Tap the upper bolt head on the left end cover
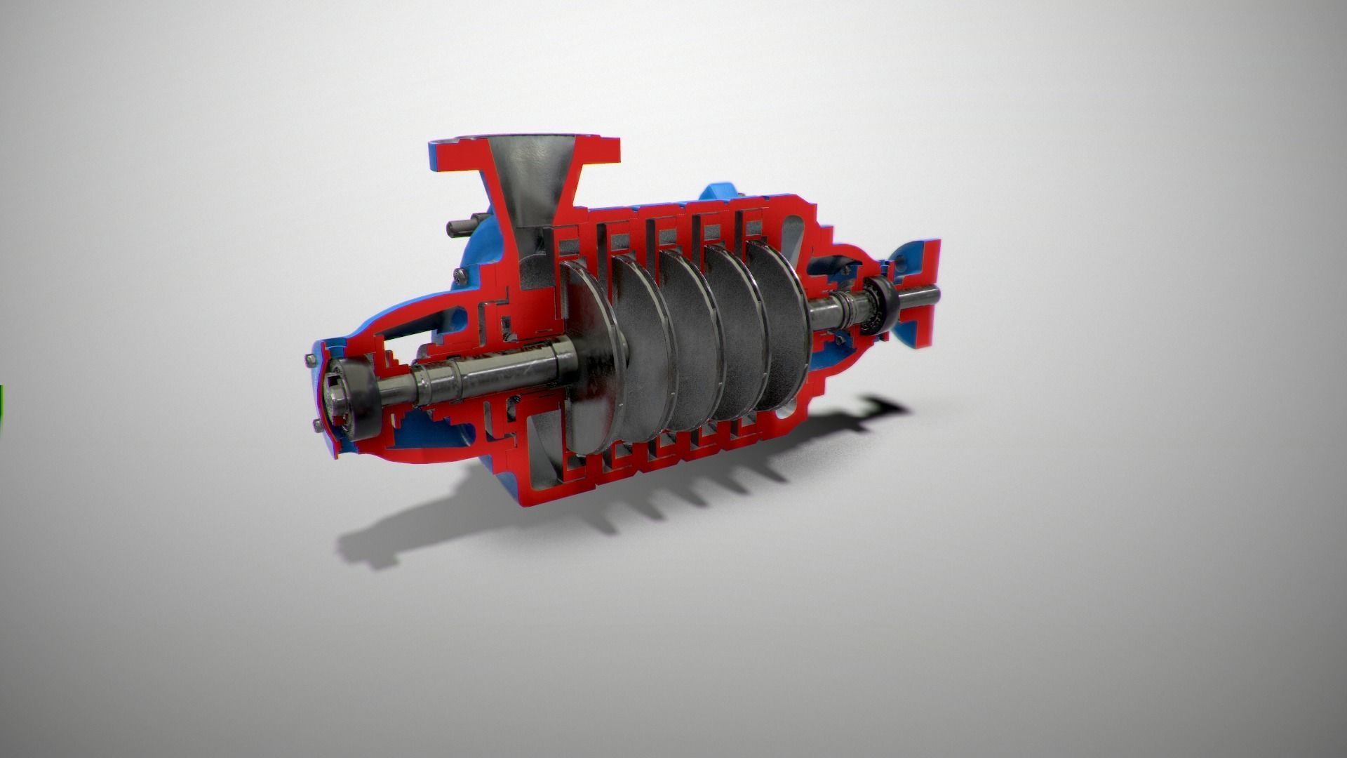[310, 360]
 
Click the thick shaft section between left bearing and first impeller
[491, 372]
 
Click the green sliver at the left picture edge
[1, 407]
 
